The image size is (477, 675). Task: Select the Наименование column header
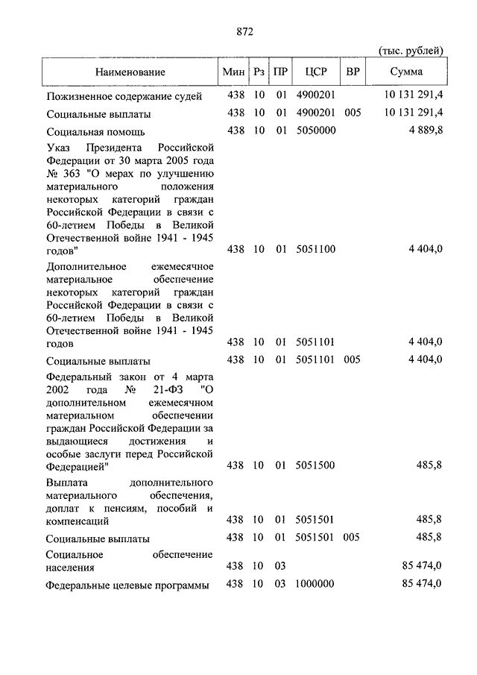130,72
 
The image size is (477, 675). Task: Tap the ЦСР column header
316,72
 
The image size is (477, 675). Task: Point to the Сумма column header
405,72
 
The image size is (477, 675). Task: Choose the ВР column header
353,72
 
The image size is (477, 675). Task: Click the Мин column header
235,72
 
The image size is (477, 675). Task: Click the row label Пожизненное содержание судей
124,96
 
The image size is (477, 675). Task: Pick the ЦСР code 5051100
316,249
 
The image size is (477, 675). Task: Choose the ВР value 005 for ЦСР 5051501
353,537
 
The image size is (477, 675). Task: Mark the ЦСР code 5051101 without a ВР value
316,342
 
